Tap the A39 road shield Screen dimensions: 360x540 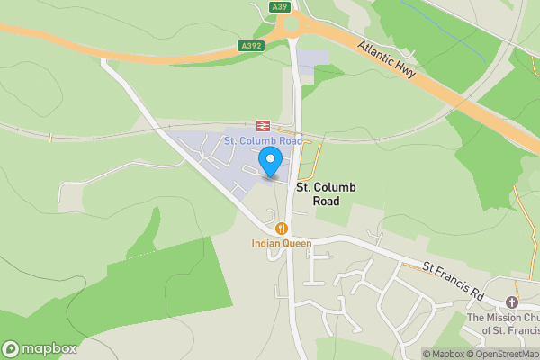[x=279, y=7]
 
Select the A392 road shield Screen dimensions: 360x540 [x=251, y=45]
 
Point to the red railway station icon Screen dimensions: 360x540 [x=264, y=126]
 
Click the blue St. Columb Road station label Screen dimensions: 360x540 [x=263, y=141]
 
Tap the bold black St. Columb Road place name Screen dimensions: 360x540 [x=327, y=193]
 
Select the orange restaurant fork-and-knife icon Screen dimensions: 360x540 [x=282, y=229]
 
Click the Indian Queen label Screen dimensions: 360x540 [x=282, y=243]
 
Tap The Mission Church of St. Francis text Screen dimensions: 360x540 [x=503, y=323]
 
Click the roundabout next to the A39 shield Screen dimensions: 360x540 [x=293, y=28]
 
